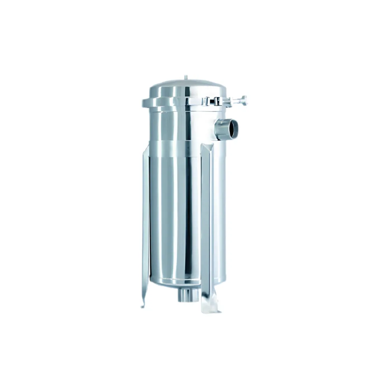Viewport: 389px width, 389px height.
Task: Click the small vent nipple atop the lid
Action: tap(186, 77)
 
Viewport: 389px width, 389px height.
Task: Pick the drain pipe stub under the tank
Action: tap(186, 295)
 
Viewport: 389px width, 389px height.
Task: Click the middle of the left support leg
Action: tap(145, 226)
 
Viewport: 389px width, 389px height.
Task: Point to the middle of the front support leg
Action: tap(207, 226)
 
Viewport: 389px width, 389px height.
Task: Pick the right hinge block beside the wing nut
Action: tap(218, 101)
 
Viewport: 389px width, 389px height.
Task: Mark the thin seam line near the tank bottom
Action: tap(175, 279)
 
